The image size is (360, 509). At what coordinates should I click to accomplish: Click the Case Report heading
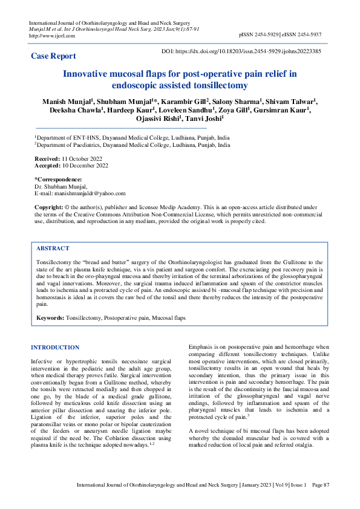[x=53, y=56]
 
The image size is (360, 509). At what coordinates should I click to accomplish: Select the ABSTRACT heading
[x=53, y=248]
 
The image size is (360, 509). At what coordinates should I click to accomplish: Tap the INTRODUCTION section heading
[x=54, y=347]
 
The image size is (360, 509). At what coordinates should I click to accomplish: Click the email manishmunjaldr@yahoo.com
[x=89, y=193]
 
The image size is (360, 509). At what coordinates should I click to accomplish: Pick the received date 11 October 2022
[x=80, y=157]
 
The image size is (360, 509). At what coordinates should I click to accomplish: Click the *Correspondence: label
[x=58, y=180]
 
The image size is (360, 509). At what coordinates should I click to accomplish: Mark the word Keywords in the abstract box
[x=50, y=317]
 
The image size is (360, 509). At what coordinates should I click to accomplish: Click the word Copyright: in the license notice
[x=48, y=207]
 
